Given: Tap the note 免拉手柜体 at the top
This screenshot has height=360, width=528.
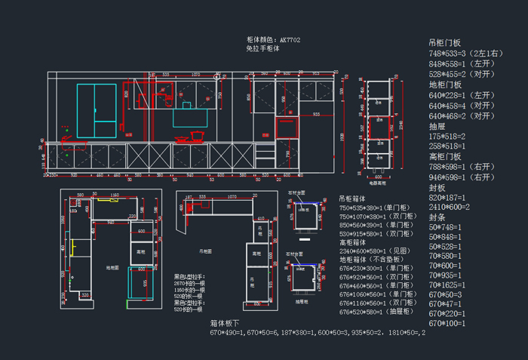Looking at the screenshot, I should coord(262,48).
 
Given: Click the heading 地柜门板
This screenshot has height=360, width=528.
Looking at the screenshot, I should coord(444,85).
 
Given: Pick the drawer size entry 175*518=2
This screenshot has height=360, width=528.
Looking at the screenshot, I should coord(447,136).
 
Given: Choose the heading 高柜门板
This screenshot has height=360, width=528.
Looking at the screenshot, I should coord(444,156).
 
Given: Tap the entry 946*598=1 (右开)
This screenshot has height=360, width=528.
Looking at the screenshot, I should coord(462,177).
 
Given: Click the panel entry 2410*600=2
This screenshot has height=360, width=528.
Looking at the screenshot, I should coord(450,207).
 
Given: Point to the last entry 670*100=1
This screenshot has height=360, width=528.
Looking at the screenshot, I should coord(447,323).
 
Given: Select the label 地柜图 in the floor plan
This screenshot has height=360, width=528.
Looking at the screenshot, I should coord(112,267).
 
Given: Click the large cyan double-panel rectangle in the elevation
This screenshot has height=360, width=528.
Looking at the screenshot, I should coord(97,111).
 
